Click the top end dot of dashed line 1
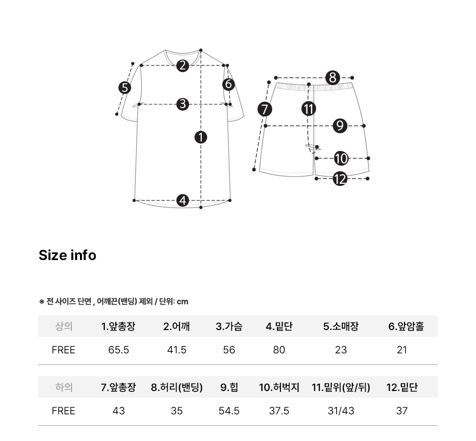(201, 50)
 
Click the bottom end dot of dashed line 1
(201, 208)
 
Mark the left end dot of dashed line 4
(134, 200)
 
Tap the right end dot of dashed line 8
(352, 78)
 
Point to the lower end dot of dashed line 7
(254, 170)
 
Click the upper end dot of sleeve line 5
(133, 63)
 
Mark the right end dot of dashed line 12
(367, 179)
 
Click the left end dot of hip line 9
(266, 126)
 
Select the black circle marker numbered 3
(183, 104)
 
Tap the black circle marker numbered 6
(228, 84)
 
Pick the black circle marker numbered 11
(309, 109)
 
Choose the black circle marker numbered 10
(341, 159)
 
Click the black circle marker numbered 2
(182, 65)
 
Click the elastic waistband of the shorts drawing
(315, 87)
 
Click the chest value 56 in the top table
(229, 350)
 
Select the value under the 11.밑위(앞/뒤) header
(341, 411)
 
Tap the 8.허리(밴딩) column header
(177, 387)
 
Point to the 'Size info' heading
(68, 255)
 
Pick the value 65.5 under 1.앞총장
(119, 350)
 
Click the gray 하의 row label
(64, 387)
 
